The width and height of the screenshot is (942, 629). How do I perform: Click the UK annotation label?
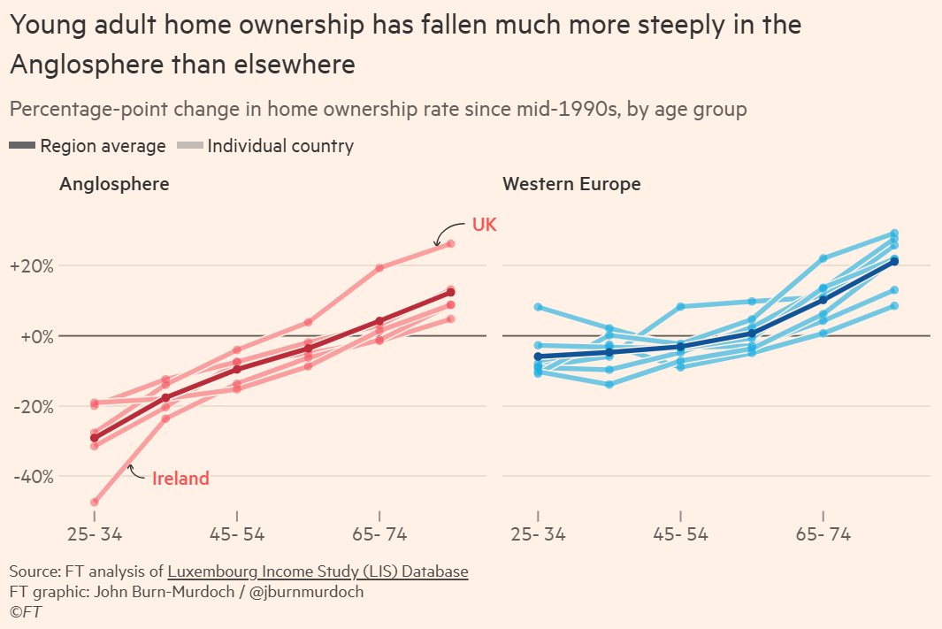point(484,225)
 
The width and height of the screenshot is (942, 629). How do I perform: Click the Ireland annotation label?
point(180,479)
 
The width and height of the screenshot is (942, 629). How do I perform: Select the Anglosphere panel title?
point(114,184)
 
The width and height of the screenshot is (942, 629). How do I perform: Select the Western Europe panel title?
point(571,184)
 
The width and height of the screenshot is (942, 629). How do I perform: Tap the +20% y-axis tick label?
point(31,266)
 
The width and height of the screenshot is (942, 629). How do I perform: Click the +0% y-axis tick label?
point(31,336)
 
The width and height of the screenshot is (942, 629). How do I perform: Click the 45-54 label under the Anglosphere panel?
point(237,535)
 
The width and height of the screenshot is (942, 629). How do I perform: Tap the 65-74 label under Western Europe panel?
point(823,535)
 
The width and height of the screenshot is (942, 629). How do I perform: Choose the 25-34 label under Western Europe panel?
point(538,535)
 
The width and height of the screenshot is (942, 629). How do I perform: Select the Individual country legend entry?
point(265,146)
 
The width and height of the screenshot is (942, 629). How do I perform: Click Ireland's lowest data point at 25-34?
point(95,502)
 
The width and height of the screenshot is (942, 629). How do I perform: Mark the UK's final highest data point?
point(450,243)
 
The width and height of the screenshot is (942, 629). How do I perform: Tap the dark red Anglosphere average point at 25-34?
point(95,438)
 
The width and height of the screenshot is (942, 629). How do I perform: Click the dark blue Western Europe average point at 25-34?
point(538,357)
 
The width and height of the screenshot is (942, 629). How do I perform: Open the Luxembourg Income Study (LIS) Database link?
point(318,571)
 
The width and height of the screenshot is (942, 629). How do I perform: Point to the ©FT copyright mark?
point(26,611)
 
